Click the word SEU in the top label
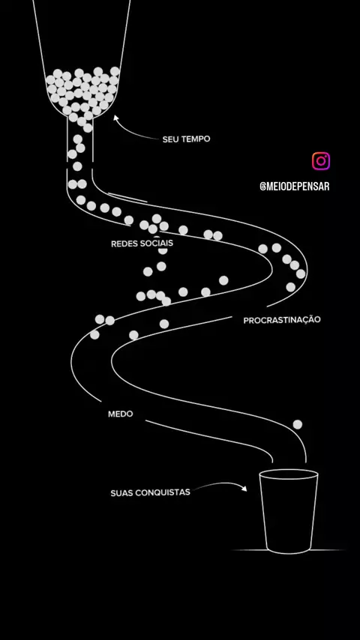[170, 139]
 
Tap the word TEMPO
[196, 139]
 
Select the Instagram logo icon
[321, 161]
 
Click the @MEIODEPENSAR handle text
[294, 187]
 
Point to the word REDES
[124, 244]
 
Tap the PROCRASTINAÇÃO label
[282, 320]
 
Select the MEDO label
[121, 414]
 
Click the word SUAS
[121, 493]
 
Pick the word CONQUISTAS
[163, 492]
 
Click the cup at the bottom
[289, 511]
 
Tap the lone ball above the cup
[298, 424]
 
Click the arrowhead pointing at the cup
[244, 488]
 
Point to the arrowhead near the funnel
[116, 118]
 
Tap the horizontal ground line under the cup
[288, 550]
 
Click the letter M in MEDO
[112, 414]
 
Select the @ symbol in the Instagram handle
[262, 187]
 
